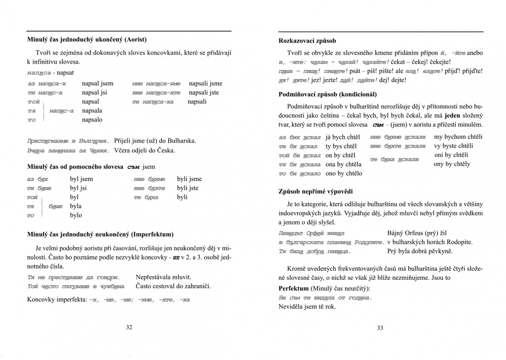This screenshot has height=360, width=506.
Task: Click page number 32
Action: [129, 327]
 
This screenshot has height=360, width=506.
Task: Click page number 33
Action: [380, 328]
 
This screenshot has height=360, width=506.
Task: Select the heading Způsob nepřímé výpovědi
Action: [315, 191]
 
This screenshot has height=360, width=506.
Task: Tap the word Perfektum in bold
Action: [293, 289]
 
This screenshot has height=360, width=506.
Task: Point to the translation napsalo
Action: [92, 120]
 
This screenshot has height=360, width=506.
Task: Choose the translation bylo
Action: [76, 215]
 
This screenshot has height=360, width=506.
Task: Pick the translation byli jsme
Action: [189, 179]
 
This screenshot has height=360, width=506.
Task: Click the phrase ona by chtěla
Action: [344, 165]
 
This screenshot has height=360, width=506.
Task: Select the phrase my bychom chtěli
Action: [458, 137]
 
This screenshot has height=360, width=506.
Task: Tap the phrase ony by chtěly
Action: [452, 164]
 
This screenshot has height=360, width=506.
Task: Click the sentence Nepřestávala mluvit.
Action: [164, 277]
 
